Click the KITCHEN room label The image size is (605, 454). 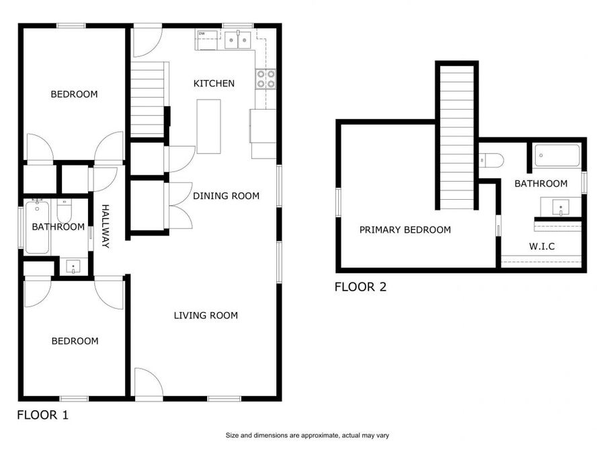214,83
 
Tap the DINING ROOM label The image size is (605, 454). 226,196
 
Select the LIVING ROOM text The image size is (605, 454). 206,315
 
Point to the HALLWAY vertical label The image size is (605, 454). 106,227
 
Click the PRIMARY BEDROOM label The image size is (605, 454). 405,230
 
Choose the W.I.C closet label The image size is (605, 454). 542,246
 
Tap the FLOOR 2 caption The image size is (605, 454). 361,287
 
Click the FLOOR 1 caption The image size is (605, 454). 42,415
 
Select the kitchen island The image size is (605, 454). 208,126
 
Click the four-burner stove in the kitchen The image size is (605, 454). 265,79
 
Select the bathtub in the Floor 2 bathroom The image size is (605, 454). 557,157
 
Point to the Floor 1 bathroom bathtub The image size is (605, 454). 36,227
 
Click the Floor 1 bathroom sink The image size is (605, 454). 73,267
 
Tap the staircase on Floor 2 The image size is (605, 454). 457,135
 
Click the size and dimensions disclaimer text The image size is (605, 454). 307,435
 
